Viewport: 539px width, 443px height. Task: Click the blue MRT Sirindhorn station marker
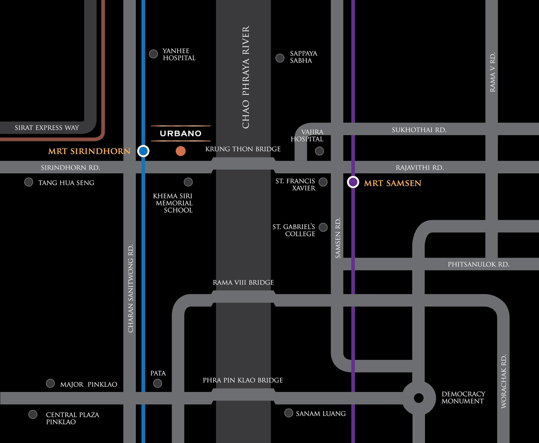click(143, 151)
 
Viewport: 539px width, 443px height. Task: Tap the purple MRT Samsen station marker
click(353, 182)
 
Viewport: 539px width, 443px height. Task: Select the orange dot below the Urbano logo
click(181, 151)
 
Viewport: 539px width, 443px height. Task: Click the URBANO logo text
click(181, 134)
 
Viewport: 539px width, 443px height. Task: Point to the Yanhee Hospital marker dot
click(153, 54)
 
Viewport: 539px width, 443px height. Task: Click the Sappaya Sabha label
click(303, 57)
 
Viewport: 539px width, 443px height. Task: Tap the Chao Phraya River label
click(246, 77)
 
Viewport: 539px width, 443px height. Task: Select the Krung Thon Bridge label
click(243, 149)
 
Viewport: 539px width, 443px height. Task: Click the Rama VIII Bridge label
click(243, 282)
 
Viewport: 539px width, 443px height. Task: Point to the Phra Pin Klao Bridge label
click(243, 380)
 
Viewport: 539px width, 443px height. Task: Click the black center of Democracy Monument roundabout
click(418, 398)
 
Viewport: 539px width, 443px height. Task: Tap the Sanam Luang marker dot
click(289, 413)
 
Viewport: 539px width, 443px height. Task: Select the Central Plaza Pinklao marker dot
click(33, 414)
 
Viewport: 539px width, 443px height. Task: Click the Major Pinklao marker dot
click(50, 383)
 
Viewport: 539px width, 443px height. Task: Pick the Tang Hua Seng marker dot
click(29, 182)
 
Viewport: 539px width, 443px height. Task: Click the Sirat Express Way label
click(47, 128)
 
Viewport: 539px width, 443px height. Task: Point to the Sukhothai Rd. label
click(419, 130)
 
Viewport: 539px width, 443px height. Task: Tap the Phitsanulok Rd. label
click(478, 264)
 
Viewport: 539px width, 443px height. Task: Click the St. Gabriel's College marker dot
click(323, 227)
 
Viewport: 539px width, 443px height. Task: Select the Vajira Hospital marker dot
click(320, 151)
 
